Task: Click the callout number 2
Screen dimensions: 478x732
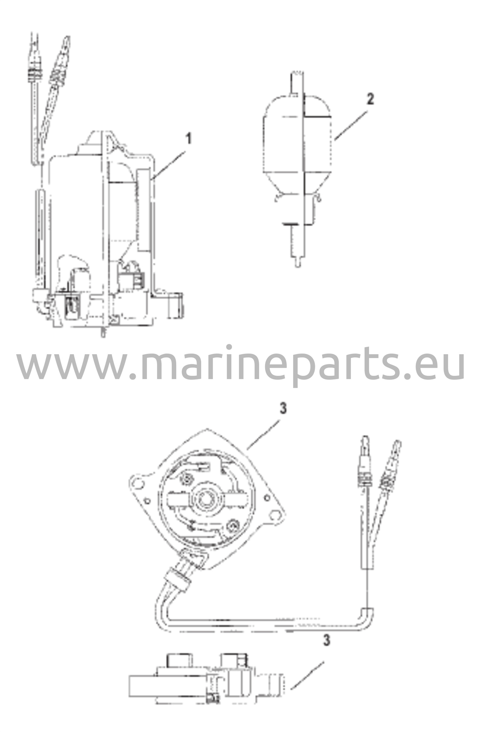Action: [370, 99]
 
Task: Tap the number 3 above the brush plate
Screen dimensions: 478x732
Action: [283, 409]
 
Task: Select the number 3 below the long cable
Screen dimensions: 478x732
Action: [326, 639]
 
